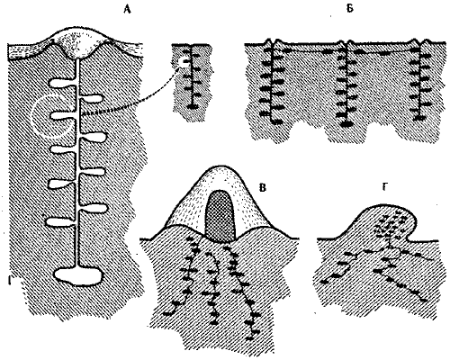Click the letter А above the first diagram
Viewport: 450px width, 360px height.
pyautogui.click(x=128, y=9)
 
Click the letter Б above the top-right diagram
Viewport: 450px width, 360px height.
pyautogui.click(x=349, y=9)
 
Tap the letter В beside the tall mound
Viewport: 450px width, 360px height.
pyautogui.click(x=262, y=188)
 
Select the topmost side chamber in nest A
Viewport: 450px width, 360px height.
pyautogui.click(x=62, y=83)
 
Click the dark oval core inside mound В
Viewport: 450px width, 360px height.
pyautogui.click(x=220, y=216)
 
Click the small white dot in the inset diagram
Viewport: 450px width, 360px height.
pyautogui.click(x=182, y=62)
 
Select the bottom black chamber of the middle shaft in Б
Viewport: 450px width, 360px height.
pyautogui.click(x=347, y=123)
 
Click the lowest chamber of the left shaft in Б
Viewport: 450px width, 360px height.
pyautogui.click(x=276, y=121)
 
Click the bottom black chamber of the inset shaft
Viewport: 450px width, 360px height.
pyautogui.click(x=192, y=106)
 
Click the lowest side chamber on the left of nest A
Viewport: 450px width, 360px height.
pyautogui.click(x=61, y=222)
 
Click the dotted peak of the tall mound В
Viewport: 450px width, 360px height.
pyautogui.click(x=220, y=174)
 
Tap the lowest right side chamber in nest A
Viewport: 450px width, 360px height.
pyautogui.click(x=94, y=208)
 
